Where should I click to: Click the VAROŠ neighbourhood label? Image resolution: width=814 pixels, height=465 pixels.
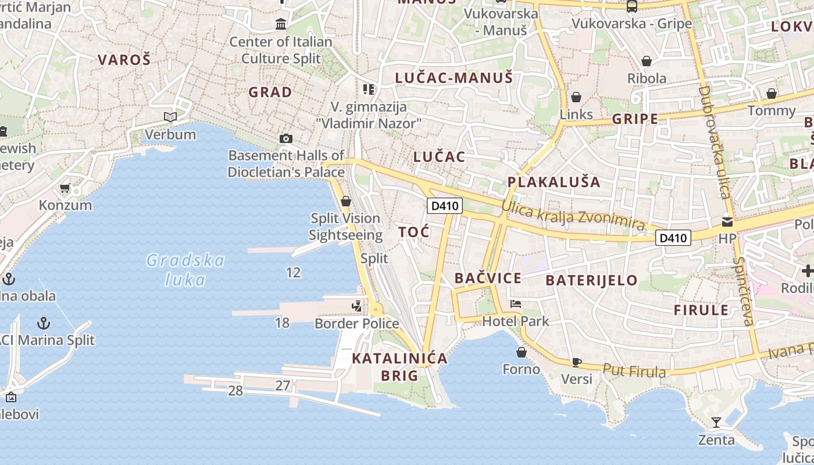click(124, 59)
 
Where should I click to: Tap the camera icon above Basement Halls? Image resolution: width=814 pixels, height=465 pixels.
click(285, 138)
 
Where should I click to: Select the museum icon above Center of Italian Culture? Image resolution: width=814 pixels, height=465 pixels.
click(281, 24)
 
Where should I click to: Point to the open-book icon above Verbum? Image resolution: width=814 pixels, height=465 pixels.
click(170, 117)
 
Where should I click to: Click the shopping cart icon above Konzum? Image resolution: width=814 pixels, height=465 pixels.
click(65, 188)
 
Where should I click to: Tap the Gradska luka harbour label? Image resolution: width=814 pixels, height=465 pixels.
click(185, 270)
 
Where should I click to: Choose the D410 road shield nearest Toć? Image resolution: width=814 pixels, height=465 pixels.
click(444, 205)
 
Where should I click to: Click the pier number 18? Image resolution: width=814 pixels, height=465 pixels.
click(282, 323)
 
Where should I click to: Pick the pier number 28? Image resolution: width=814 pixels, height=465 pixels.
click(235, 391)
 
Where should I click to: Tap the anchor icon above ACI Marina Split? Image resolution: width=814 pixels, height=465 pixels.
click(43, 323)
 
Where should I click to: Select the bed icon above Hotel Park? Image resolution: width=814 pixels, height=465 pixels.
click(515, 304)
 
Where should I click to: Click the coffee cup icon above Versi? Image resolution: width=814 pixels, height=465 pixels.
click(576, 362)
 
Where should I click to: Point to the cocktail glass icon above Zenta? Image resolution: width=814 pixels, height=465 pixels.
click(716, 423)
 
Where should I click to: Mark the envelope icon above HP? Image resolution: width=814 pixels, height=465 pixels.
click(727, 221)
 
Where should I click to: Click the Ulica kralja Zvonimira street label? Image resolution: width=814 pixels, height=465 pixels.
click(573, 216)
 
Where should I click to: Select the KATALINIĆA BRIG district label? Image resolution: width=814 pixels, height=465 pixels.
click(400, 367)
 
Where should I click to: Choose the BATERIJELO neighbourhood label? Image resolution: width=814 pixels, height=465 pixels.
click(591, 280)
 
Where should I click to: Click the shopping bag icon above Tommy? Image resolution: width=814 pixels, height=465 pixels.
click(771, 94)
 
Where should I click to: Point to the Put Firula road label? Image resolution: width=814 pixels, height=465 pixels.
click(634, 370)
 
